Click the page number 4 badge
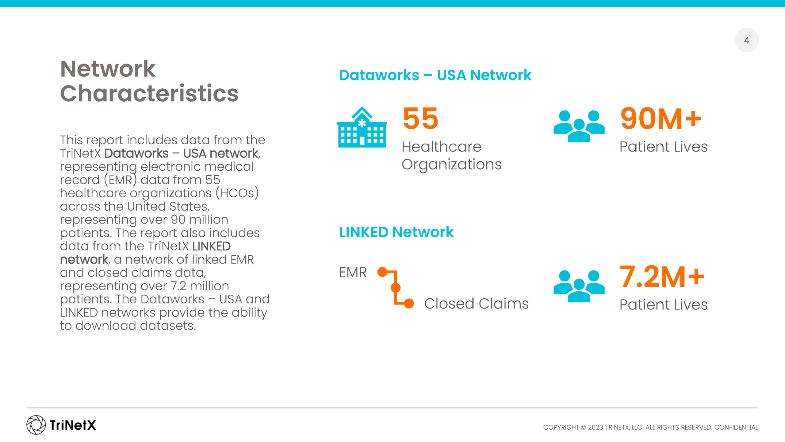pos(747,40)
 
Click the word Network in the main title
pos(108,69)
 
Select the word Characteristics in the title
pos(149,93)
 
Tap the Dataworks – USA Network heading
pos(435,75)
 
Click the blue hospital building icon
pos(362,127)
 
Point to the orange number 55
pos(420,118)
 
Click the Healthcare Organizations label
pos(451,156)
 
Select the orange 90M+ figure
pos(661,118)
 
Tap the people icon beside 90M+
pos(579,126)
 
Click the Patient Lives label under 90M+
pos(664,147)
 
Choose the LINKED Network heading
pos(396,232)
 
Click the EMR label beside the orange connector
pos(353,272)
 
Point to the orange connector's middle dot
pos(396,288)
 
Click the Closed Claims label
pos(477,304)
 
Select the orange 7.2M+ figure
pos(662,277)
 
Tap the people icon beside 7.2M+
pos(579,286)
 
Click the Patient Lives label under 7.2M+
pos(664,305)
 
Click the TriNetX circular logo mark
pos(36,425)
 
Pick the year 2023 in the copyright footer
pos(595,427)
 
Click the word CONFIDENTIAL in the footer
pos(736,427)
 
